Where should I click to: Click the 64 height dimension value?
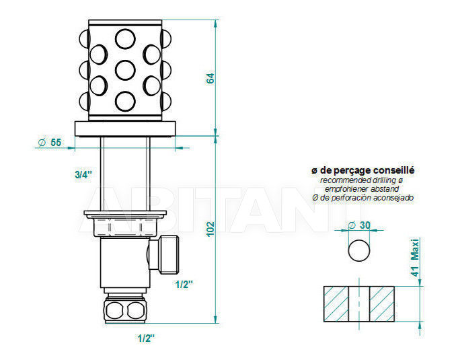point(211,78)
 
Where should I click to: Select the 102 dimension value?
point(211,229)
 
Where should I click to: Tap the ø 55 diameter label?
point(50,143)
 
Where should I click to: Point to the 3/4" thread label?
point(83,174)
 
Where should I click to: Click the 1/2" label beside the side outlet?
point(184,285)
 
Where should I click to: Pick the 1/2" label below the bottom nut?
point(146,338)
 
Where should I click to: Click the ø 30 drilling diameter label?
point(359,225)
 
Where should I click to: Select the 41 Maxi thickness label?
point(415,258)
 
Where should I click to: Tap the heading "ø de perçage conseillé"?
point(363,170)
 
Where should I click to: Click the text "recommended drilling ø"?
point(361,180)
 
